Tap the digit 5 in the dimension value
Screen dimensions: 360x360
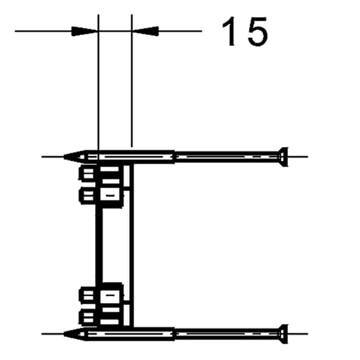pos(258,32)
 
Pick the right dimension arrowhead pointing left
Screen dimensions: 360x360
pos(145,31)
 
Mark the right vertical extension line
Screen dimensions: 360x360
pos(132,80)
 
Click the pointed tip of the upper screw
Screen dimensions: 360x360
pos(63,157)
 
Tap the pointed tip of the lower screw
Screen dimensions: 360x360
pos(63,334)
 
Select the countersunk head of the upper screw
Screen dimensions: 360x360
pos(283,157)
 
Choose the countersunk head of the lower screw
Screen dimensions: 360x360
pos(283,334)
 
